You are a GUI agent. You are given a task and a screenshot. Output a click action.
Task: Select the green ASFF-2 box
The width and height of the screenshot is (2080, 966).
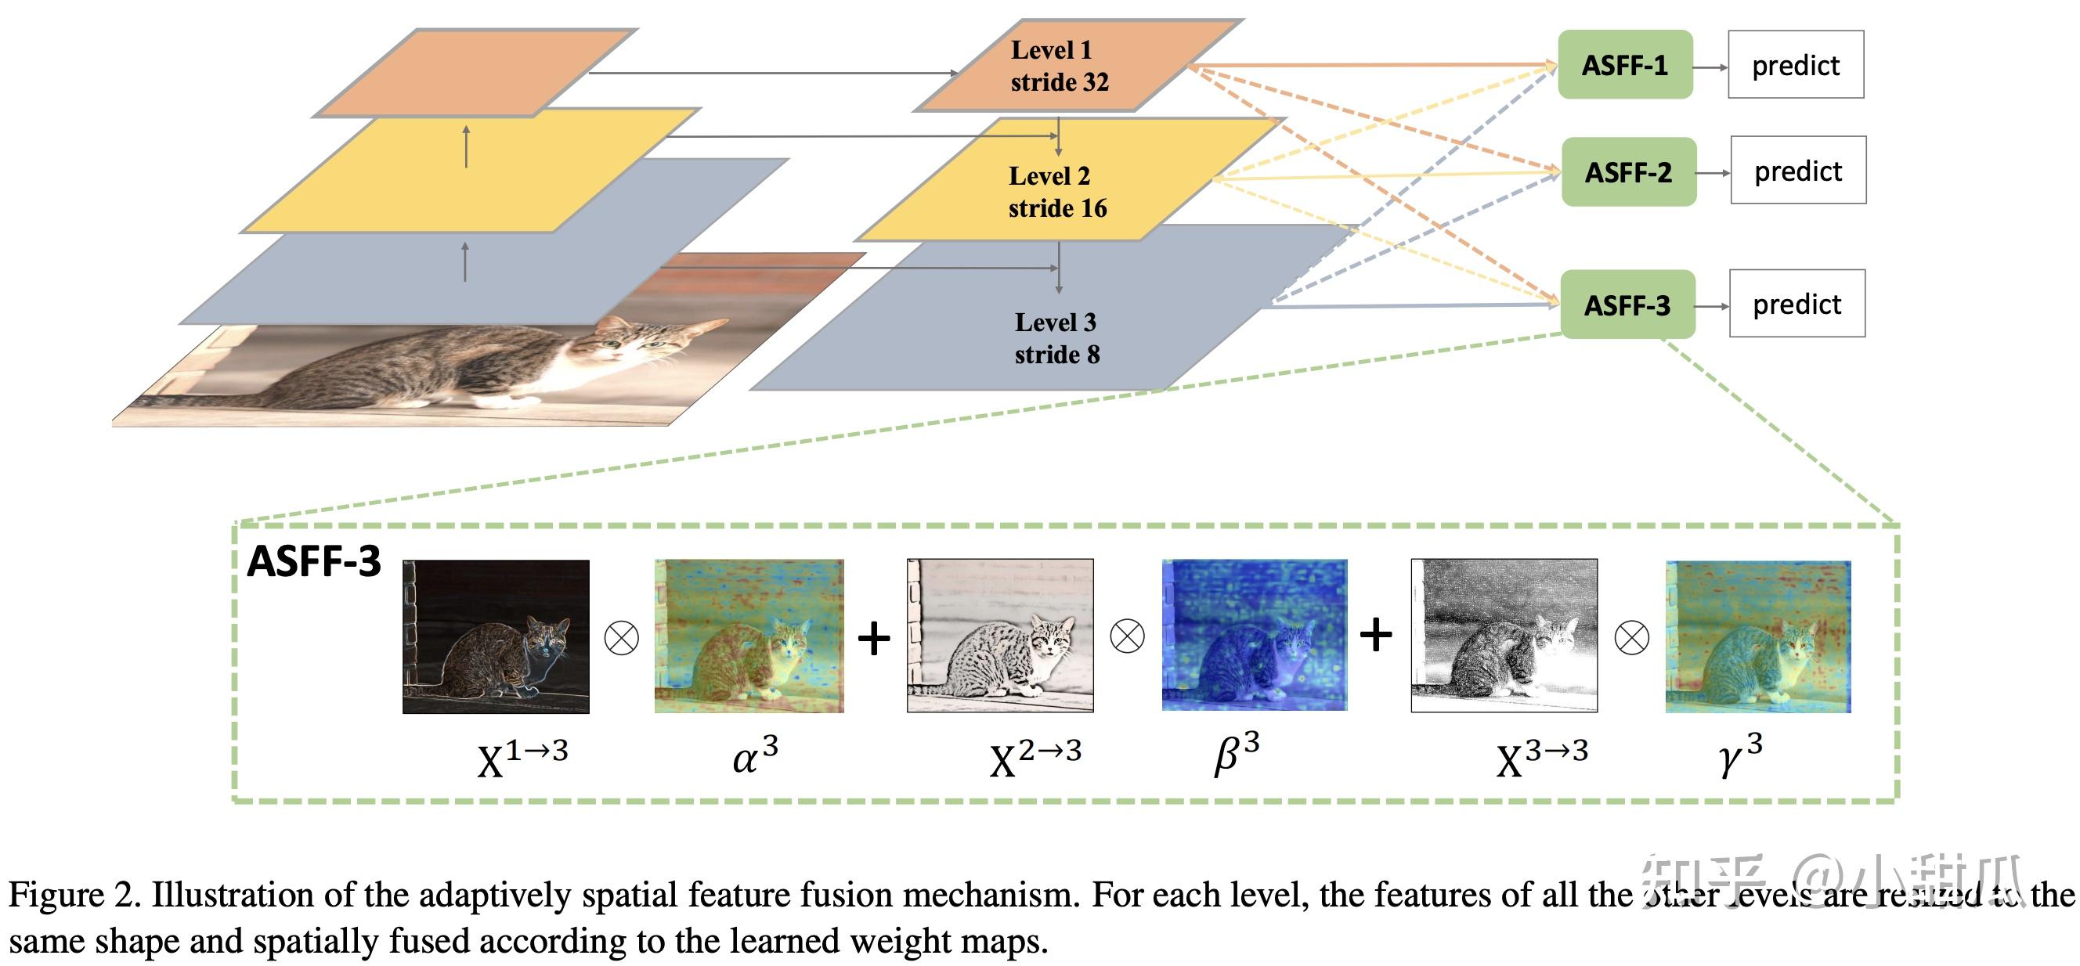pyautogui.click(x=1628, y=172)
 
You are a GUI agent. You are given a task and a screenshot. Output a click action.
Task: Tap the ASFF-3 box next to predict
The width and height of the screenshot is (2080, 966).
pyautogui.click(x=1627, y=305)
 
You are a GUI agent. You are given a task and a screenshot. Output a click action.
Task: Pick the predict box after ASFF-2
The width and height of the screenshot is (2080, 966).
pyautogui.click(x=1797, y=171)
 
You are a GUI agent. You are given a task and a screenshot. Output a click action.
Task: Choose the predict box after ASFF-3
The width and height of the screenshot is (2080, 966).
pyautogui.click(x=1797, y=305)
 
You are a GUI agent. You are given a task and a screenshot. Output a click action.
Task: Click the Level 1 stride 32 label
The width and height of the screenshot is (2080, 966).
pyautogui.click(x=1058, y=67)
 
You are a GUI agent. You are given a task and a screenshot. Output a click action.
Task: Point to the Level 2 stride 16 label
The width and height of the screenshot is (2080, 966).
pyautogui.click(x=1056, y=192)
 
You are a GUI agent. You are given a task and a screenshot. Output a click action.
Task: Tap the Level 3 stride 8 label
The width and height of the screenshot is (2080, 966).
pyautogui.click(x=1056, y=338)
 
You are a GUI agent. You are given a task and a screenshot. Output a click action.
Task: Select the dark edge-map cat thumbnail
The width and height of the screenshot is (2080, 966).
pyautogui.click(x=496, y=636)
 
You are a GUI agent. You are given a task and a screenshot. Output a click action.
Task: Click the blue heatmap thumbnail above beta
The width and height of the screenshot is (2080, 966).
pyautogui.click(x=1254, y=635)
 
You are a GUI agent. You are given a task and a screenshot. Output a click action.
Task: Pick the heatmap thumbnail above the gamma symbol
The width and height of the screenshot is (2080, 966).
pyautogui.click(x=1758, y=636)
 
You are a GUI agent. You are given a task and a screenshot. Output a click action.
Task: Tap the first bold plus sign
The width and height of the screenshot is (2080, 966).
pyautogui.click(x=874, y=638)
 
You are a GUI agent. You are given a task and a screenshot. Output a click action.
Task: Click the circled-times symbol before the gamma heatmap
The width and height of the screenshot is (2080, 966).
pyautogui.click(x=1631, y=638)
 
